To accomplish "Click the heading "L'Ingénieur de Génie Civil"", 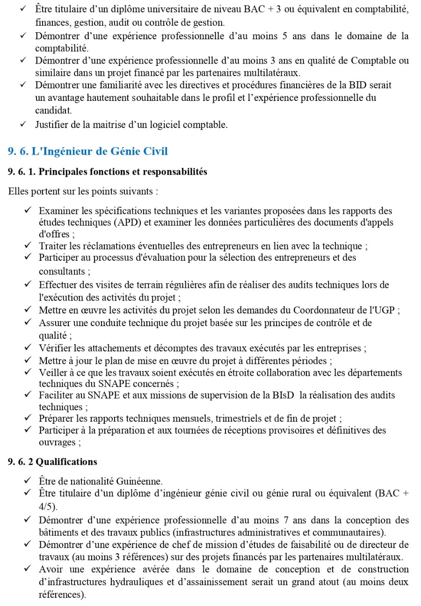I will tap(100, 151).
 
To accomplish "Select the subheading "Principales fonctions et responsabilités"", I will tap(123, 171).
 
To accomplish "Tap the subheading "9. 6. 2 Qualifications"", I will tap(52, 462).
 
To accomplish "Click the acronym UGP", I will tap(386, 310).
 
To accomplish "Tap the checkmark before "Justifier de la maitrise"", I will tap(23, 124).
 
